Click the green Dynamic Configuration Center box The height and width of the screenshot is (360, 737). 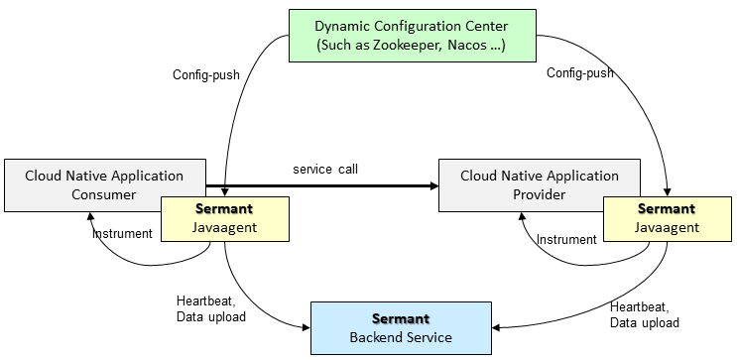click(x=413, y=36)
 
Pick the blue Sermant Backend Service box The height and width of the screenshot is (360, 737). click(x=401, y=328)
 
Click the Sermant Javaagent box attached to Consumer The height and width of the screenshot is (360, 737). click(x=225, y=219)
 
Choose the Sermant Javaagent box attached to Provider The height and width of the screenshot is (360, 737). click(x=667, y=219)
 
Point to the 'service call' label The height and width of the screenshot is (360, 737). click(x=325, y=170)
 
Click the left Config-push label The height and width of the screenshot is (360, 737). click(x=206, y=74)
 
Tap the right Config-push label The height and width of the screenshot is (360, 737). click(x=580, y=73)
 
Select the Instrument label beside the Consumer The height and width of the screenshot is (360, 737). click(x=122, y=234)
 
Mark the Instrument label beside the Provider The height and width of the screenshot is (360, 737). click(x=566, y=240)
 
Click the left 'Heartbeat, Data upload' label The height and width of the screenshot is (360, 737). click(x=211, y=308)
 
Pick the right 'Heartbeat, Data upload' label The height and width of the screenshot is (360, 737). click(x=645, y=315)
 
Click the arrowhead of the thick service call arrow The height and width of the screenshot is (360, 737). click(x=433, y=186)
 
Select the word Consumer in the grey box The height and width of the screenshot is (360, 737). click(x=104, y=194)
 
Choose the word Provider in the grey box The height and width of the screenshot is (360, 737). click(x=540, y=194)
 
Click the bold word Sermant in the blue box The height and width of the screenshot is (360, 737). click(x=401, y=318)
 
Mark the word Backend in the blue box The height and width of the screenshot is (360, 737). click(x=375, y=337)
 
